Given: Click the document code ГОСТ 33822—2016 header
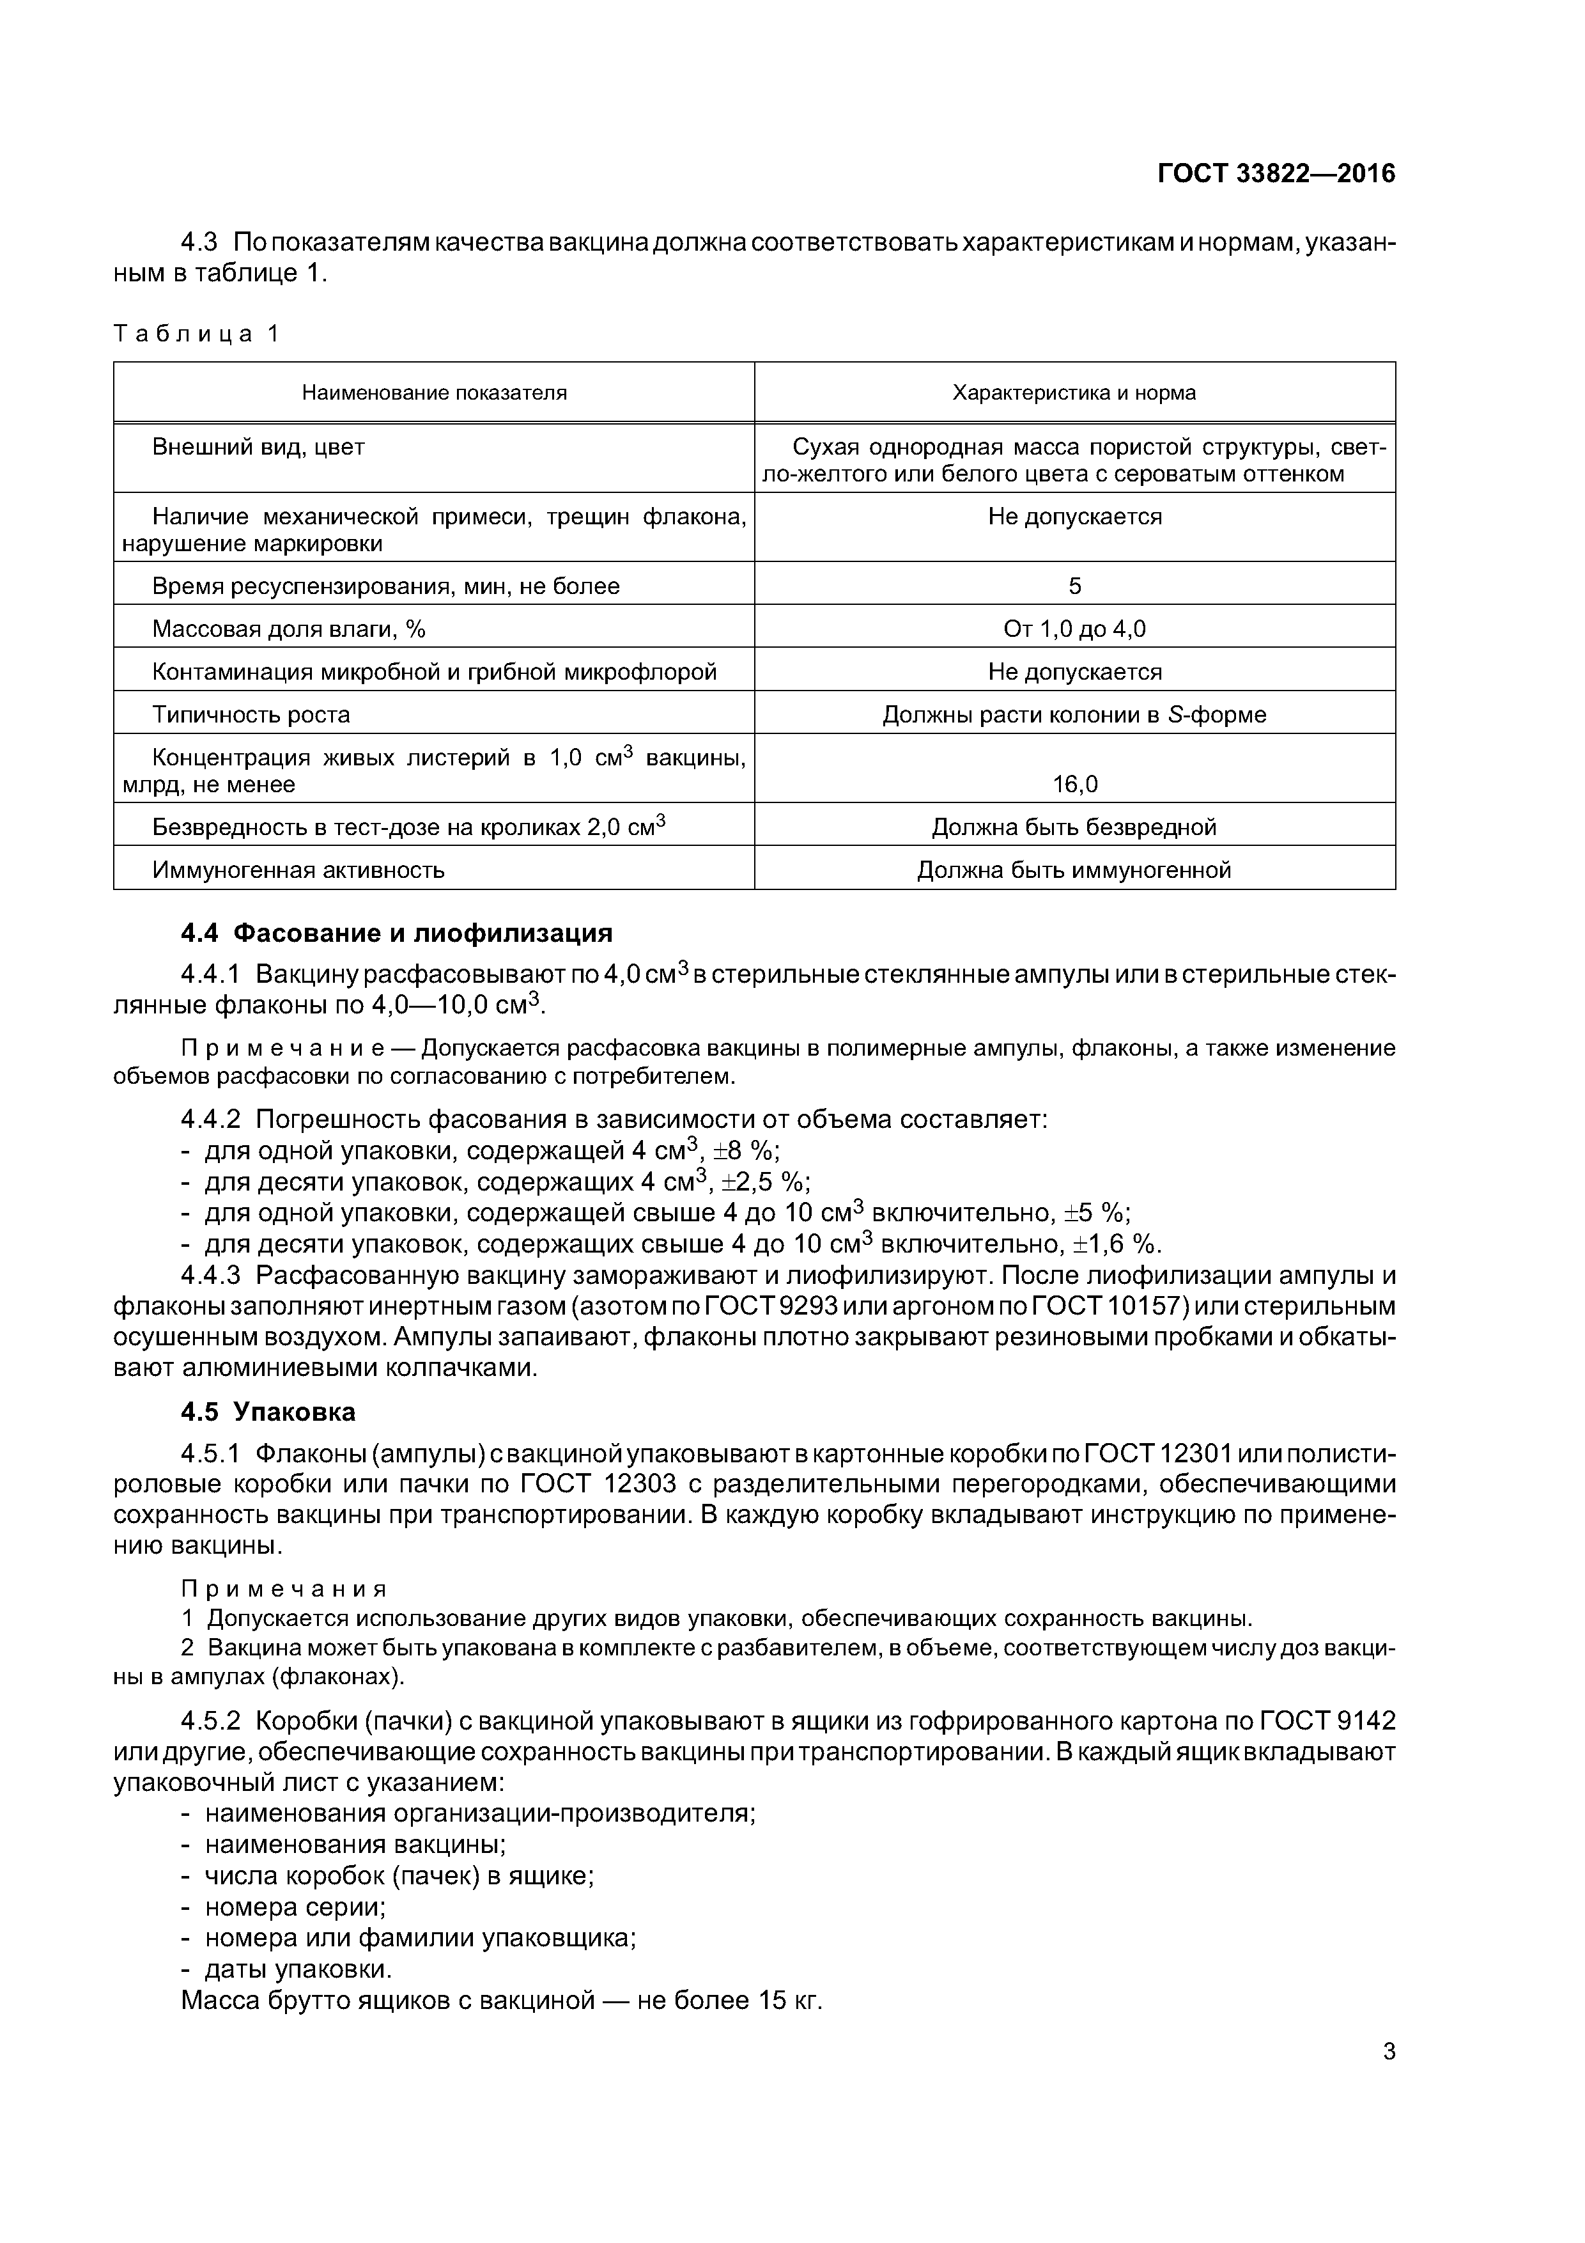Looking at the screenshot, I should (x=1276, y=174).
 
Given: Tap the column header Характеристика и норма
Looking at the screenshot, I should (x=1074, y=393).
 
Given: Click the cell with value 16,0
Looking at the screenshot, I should (x=1074, y=783).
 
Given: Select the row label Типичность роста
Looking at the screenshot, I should (x=251, y=714).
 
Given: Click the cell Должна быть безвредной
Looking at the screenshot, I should (x=1074, y=827).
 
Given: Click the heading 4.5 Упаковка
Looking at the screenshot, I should (x=268, y=1412).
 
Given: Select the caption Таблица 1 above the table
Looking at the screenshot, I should (x=196, y=334).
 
